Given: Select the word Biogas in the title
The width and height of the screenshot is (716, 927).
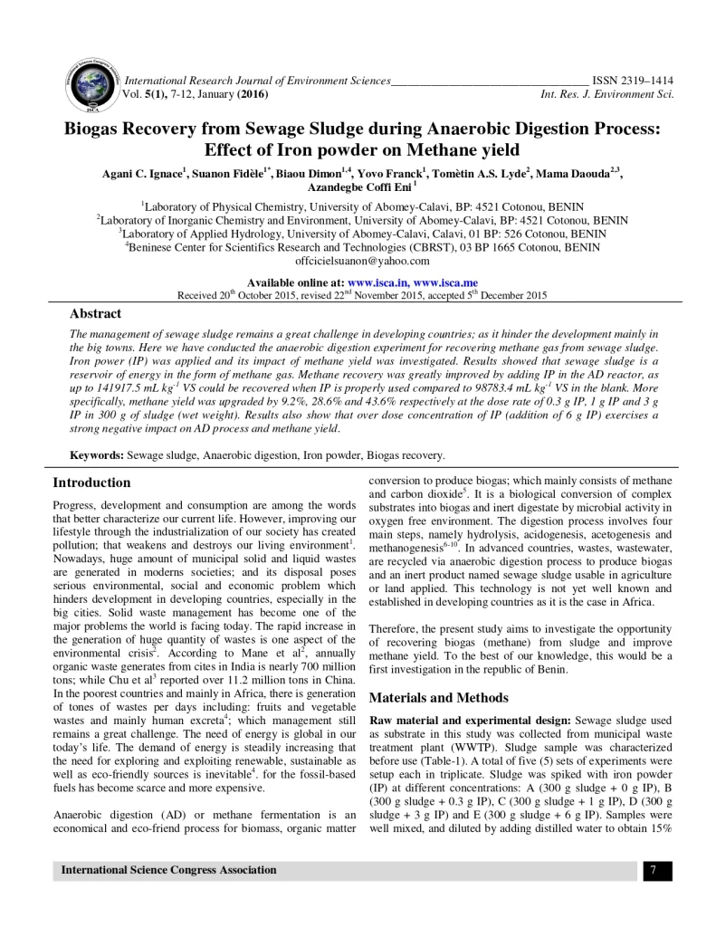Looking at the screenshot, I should (x=100, y=129).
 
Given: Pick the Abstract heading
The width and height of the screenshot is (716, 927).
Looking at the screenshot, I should (x=96, y=313).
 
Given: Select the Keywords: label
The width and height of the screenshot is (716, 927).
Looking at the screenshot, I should (x=98, y=454).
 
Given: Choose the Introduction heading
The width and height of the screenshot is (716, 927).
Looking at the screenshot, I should (x=91, y=483).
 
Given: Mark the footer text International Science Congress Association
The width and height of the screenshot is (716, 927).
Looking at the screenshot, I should (x=168, y=871).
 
